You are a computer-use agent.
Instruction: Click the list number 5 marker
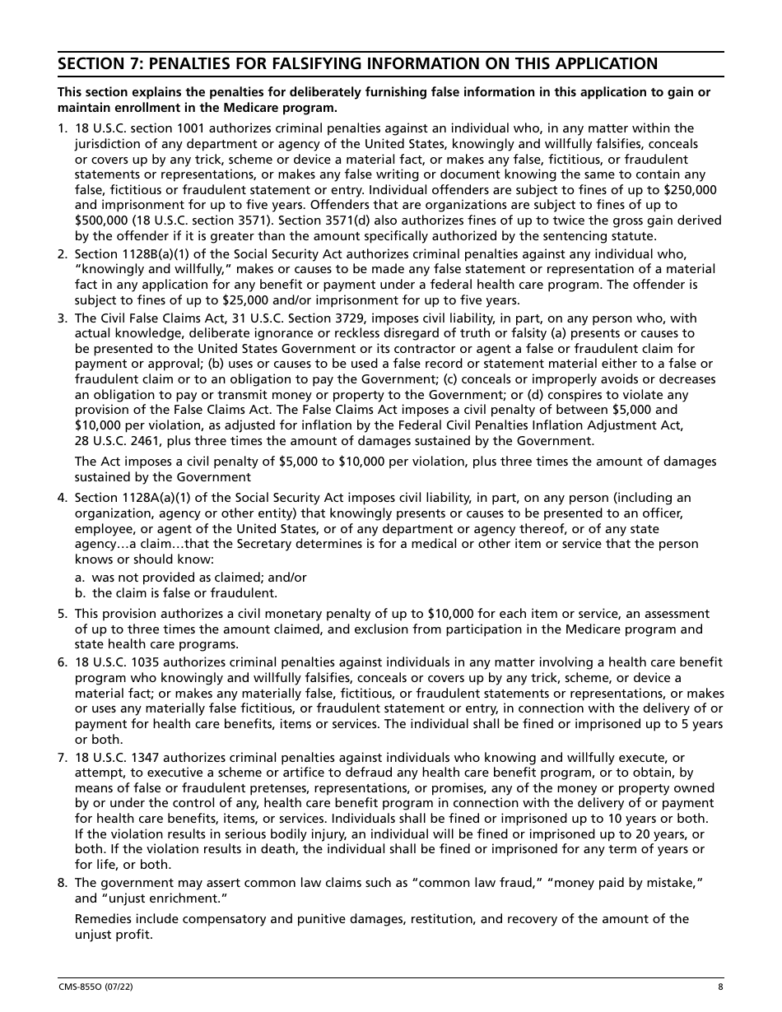coord(63,614)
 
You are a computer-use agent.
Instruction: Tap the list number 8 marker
coord(63,883)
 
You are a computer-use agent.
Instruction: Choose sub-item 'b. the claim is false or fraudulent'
coord(176,593)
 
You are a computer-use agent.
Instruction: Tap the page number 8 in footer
coord(720,987)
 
